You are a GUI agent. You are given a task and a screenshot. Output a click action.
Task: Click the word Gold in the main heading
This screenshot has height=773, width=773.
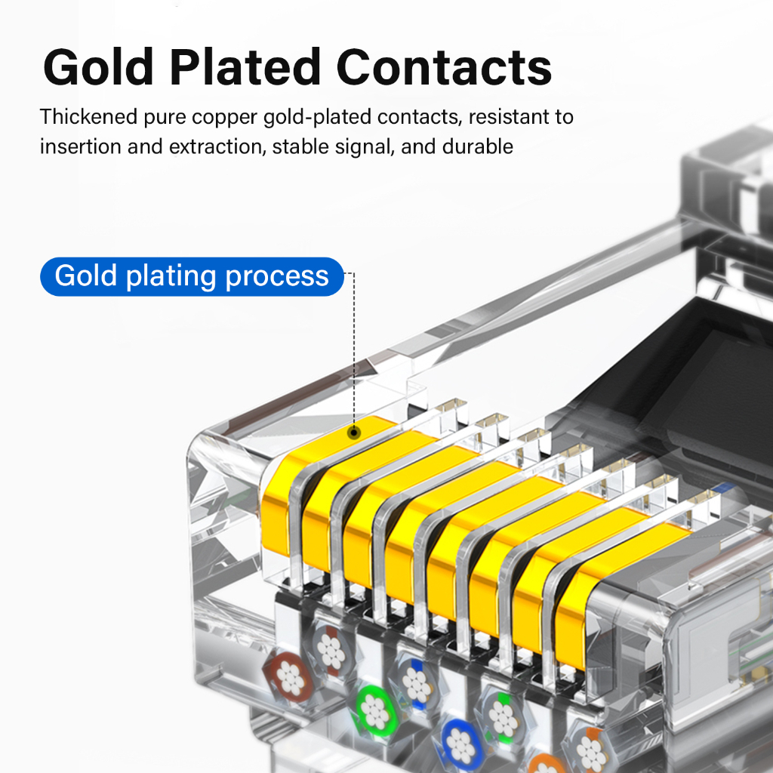pos(98,67)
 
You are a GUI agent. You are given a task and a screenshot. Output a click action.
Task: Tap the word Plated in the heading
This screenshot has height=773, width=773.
pos(245,67)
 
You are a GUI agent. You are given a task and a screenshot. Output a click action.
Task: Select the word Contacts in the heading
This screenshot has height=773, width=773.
pos(444,67)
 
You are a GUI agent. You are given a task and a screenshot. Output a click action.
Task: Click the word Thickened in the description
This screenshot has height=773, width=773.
pos(89,117)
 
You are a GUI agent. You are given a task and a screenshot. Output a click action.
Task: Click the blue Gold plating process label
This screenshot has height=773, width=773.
pos(192,276)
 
